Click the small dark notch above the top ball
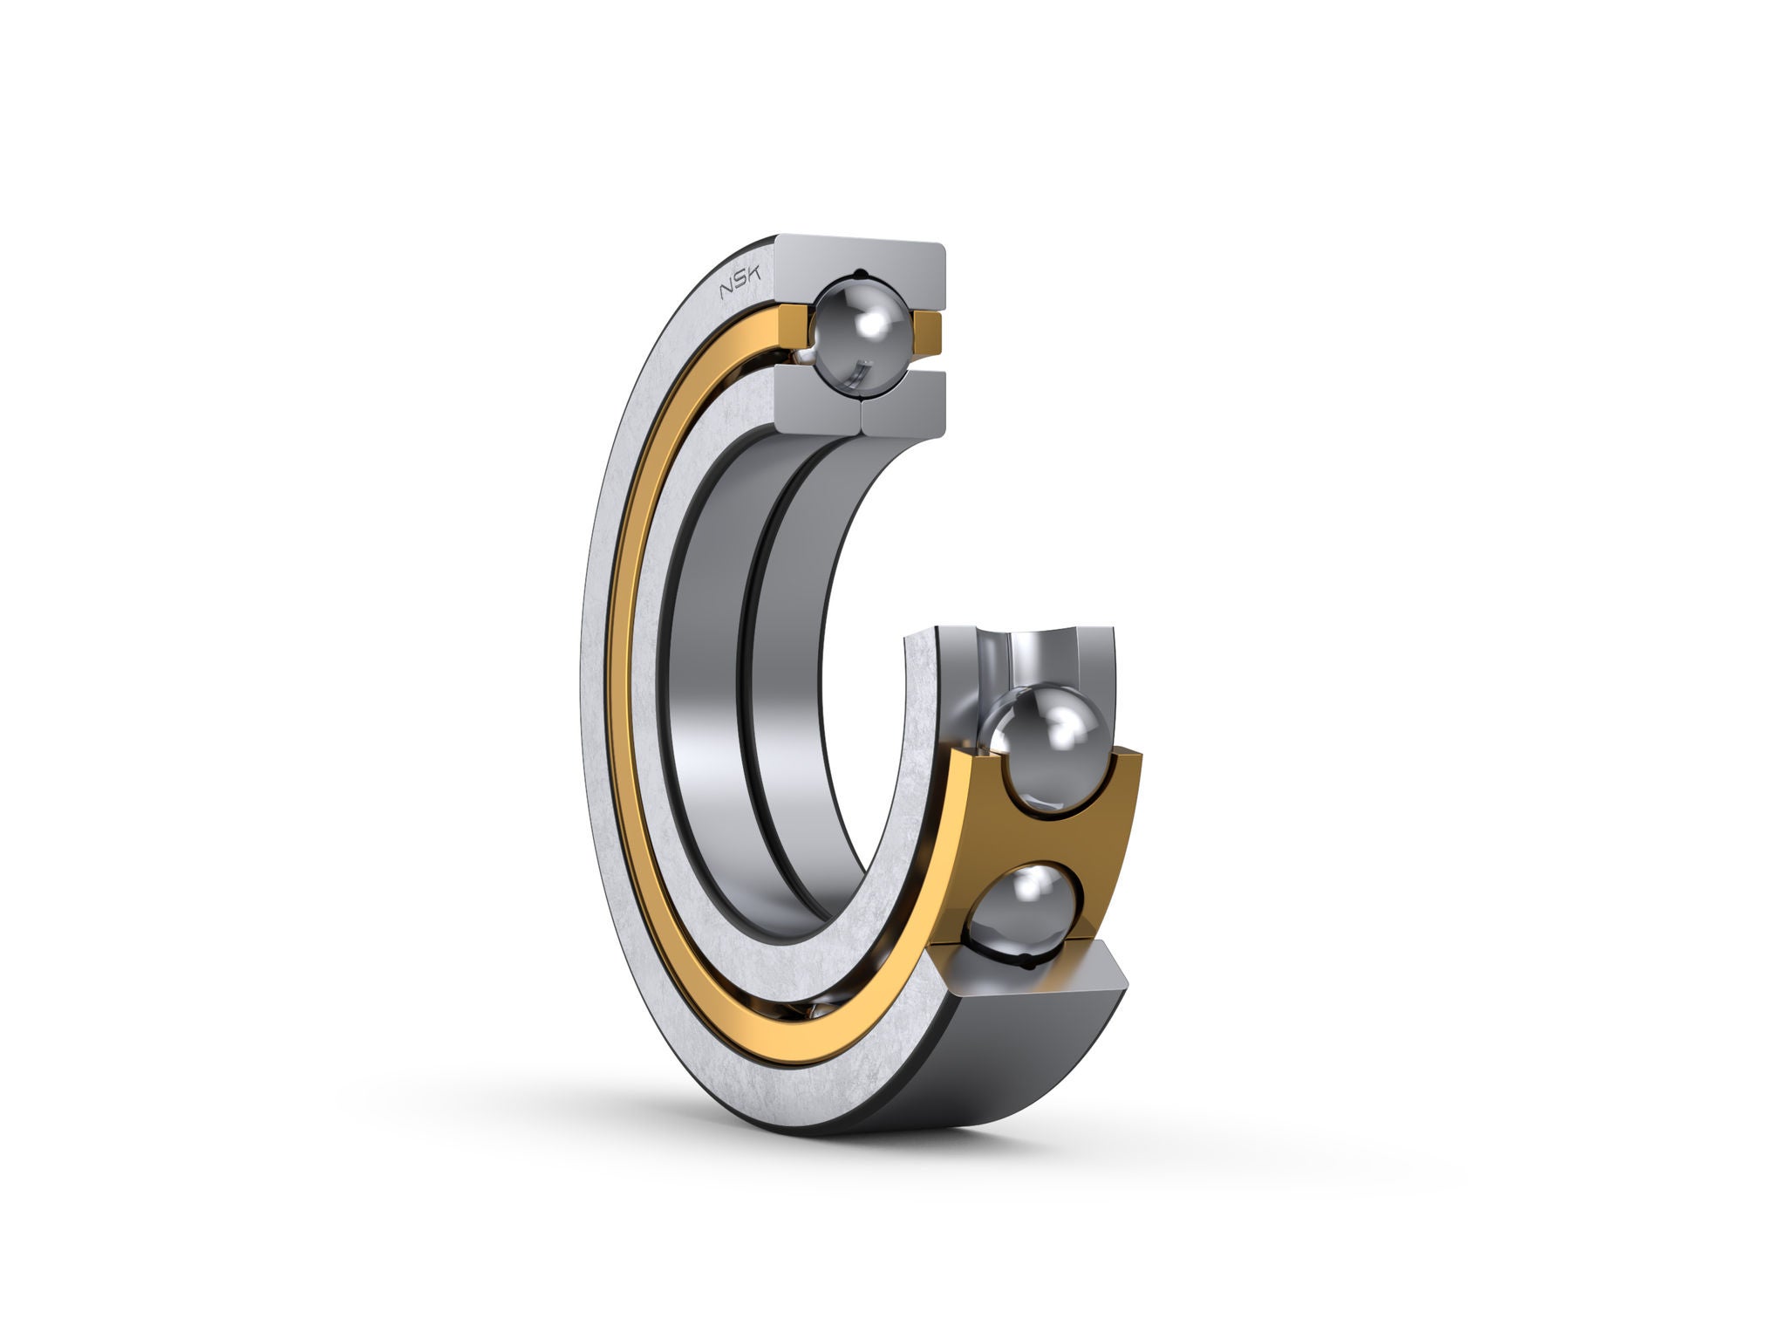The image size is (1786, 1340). point(861,272)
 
